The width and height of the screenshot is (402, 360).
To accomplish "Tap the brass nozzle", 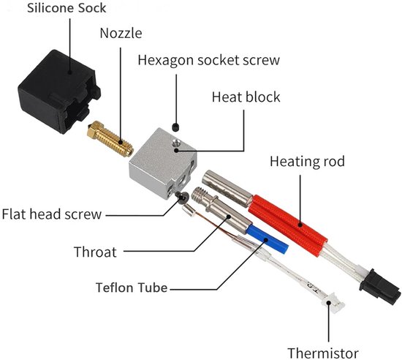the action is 110,138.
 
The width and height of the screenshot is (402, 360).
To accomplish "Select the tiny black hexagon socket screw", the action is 175,127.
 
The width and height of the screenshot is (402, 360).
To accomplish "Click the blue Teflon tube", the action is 267,239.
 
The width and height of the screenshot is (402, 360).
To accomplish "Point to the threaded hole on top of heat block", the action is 176,142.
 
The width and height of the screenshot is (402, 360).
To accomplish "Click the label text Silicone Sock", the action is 67,8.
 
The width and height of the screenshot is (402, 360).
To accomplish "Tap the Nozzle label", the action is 121,33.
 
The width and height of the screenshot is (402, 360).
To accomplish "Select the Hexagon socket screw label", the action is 209,60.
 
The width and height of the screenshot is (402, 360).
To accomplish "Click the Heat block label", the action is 246,97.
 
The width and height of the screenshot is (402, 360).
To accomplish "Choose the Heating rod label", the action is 307,162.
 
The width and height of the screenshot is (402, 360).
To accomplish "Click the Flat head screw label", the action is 52,214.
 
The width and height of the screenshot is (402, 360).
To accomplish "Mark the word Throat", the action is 95,252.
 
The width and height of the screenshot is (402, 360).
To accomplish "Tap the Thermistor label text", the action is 323,353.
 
